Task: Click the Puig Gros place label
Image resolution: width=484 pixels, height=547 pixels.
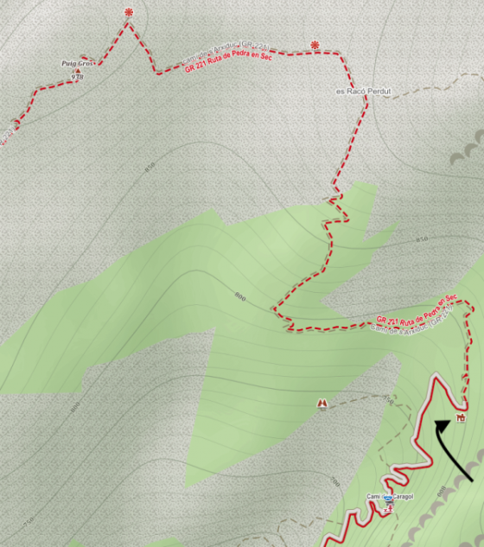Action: [x=76, y=63]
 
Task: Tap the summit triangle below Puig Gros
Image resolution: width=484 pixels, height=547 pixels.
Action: [x=76, y=72]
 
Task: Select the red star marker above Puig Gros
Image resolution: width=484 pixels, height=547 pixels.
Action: [x=129, y=12]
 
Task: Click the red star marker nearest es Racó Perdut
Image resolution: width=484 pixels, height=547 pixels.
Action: [x=315, y=45]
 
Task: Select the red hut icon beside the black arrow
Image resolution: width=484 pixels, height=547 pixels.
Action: [x=462, y=418]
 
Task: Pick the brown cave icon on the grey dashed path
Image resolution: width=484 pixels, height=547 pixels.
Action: [x=322, y=404]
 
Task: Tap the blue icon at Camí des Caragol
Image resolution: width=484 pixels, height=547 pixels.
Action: [x=387, y=499]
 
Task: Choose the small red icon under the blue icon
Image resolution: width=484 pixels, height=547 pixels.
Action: [x=387, y=510]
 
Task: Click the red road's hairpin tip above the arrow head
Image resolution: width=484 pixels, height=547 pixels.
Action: [x=436, y=375]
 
